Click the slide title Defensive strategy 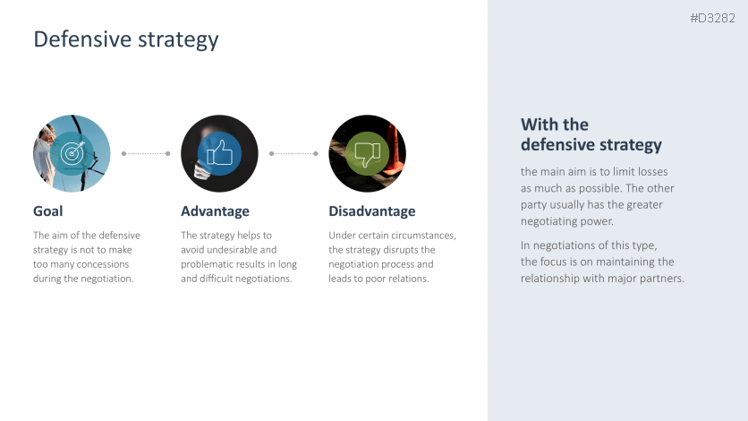[x=126, y=40]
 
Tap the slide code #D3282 [x=713, y=18]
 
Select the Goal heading [x=47, y=211]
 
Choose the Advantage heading [x=215, y=211]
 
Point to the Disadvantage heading [x=372, y=211]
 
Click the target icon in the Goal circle [x=72, y=153]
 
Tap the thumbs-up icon [x=219, y=153]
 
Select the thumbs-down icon [x=368, y=154]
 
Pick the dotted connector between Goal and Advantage [x=146, y=154]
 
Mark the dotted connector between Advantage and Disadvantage [x=293, y=154]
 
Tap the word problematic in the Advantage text [x=207, y=264]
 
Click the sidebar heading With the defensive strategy [x=591, y=134]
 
